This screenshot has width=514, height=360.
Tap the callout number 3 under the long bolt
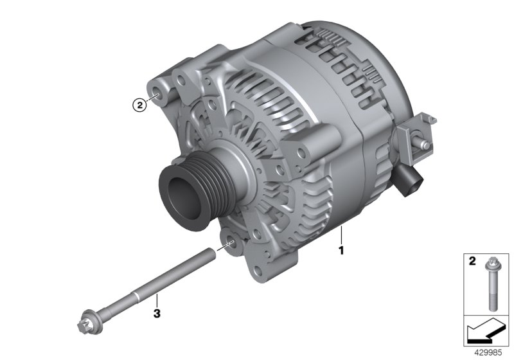click(155, 313)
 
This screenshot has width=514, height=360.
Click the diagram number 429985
click(489, 353)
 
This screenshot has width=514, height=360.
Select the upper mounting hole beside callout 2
click(158, 98)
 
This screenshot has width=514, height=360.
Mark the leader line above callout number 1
click(342, 233)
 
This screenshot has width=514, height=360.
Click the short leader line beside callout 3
click(155, 300)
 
